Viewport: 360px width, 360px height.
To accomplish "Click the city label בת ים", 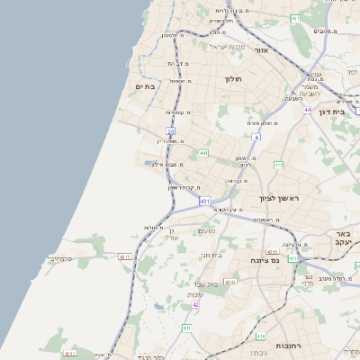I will pos(145,86).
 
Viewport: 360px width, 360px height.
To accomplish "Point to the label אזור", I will pos(261,50).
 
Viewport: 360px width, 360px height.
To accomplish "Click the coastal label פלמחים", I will pos(60,258).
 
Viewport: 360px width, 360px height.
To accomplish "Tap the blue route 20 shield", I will pos(170,131).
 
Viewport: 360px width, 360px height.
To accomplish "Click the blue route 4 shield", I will pos(256,137).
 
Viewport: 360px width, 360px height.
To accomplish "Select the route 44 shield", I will pos(307,110).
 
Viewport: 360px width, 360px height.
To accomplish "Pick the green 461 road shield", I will pos(295,18).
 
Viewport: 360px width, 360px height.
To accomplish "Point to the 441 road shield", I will pos(204,153).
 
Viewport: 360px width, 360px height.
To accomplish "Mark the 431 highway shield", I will pos(205,201).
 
